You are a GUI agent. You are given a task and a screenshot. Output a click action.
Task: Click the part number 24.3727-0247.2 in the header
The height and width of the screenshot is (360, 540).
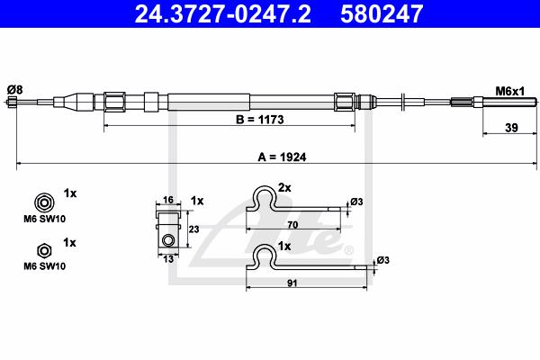pos(223,13)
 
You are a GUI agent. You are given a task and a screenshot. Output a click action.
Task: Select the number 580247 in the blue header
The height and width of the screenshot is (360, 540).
pos(382,13)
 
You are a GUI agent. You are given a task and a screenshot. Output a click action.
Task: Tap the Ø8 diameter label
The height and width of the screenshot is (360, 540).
pos(14,90)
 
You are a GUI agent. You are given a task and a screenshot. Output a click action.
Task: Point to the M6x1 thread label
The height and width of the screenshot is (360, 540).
pos(509,91)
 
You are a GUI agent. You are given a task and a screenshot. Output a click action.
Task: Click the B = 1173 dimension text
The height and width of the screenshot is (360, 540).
pos(260,120)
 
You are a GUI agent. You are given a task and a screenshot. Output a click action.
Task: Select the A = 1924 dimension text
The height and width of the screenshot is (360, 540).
pos(282,157)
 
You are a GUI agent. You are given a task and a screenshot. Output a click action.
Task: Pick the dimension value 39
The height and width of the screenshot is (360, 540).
pos(511,128)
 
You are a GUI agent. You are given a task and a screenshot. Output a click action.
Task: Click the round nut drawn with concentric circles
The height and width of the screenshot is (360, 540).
pos(44,202)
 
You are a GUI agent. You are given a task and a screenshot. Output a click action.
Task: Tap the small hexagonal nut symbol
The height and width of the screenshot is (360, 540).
pos(44,251)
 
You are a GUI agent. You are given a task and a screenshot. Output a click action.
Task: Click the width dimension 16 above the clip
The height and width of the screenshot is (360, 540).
pos(167,200)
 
